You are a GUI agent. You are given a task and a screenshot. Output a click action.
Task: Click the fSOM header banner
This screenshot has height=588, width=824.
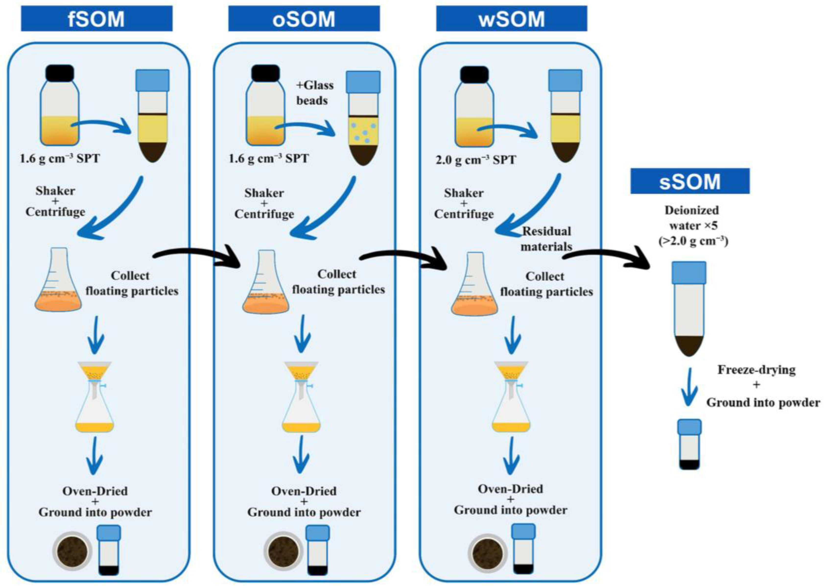click(97, 18)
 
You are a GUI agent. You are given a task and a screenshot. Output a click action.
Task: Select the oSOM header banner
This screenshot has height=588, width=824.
click(304, 18)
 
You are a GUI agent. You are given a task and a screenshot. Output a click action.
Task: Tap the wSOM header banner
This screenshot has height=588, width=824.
click(511, 18)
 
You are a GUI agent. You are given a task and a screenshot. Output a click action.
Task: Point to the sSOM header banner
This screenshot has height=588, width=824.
click(690, 181)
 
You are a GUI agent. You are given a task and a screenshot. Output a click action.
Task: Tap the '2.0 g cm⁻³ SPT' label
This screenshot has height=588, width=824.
click(476, 160)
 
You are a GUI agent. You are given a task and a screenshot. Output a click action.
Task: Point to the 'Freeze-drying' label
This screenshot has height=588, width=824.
click(756, 370)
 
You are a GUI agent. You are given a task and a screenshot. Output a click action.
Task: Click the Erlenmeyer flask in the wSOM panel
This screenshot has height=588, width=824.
click(474, 284)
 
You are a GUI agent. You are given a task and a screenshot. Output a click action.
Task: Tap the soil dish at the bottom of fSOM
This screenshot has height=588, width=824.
click(72, 552)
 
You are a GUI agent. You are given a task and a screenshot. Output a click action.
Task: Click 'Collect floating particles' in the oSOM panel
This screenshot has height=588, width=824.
click(338, 282)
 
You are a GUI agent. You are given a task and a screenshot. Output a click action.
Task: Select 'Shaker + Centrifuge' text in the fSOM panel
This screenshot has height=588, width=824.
click(55, 201)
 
